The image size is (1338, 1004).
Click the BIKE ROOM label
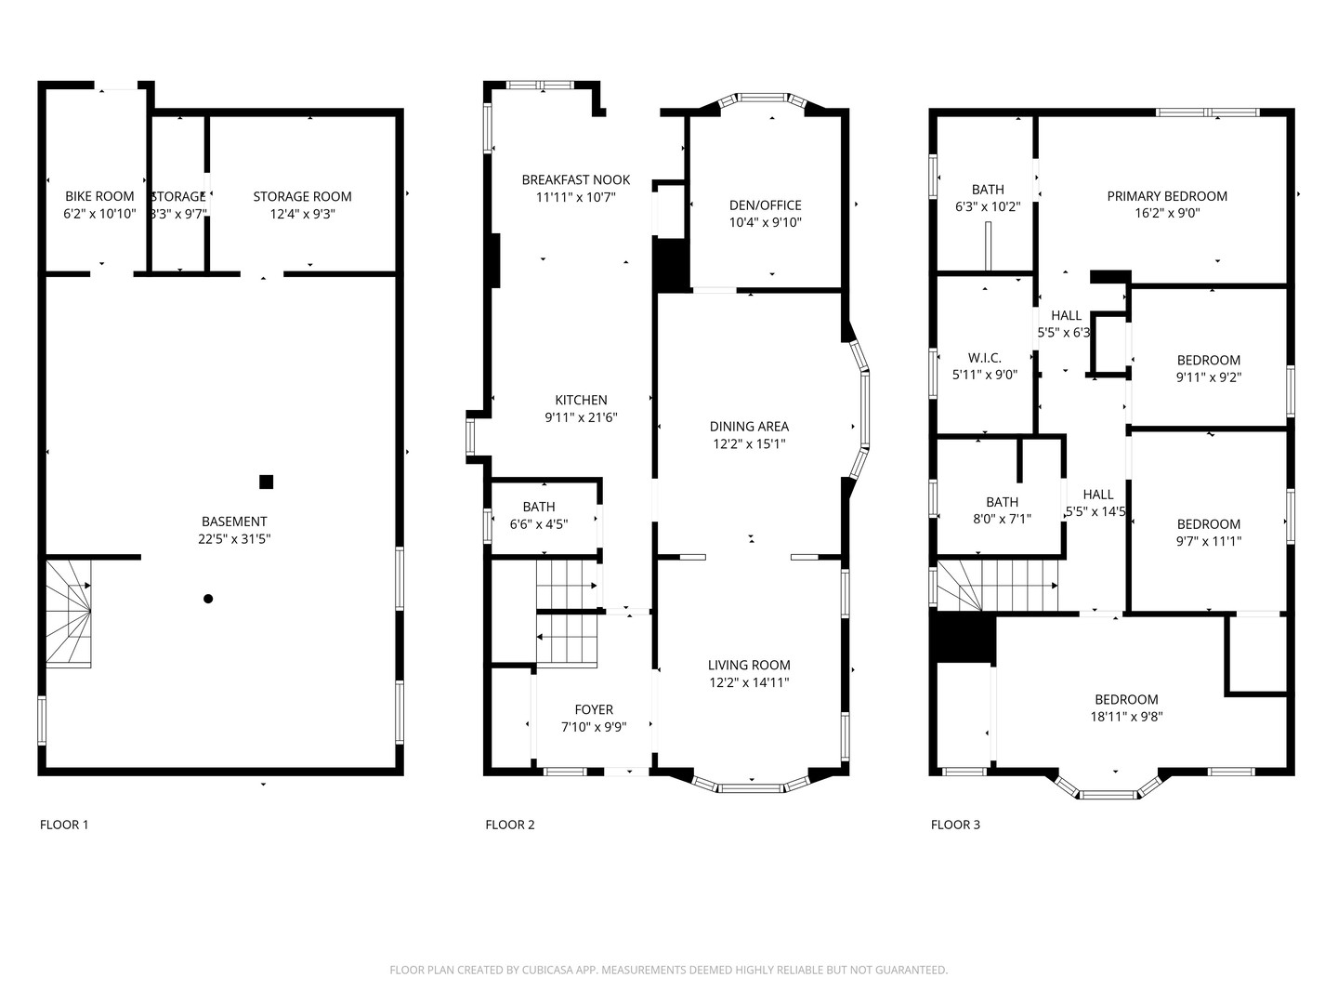tap(99, 196)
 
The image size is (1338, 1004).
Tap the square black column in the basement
tap(267, 482)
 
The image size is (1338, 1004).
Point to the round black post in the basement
tap(208, 599)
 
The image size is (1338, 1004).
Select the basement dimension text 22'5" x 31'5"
tap(234, 539)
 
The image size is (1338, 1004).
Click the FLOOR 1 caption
tap(64, 825)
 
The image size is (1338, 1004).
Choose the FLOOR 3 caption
tap(955, 825)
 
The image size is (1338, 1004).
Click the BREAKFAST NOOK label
tap(575, 179)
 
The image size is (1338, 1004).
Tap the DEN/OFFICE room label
tap(765, 205)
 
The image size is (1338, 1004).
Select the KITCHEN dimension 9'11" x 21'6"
tap(581, 417)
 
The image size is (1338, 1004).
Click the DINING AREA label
tap(749, 427)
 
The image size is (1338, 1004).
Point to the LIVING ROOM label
tap(749, 665)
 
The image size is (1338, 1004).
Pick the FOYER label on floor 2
tap(593, 709)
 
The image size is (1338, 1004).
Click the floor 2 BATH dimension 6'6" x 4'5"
tap(538, 524)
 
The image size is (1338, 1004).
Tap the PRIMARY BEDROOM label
tap(1167, 196)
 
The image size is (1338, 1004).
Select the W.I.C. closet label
tap(984, 358)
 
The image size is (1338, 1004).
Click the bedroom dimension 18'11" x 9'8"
tap(1126, 717)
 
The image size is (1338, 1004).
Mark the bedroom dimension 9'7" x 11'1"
tap(1208, 541)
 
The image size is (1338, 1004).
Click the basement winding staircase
tap(70, 613)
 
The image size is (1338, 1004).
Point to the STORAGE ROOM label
tap(302, 196)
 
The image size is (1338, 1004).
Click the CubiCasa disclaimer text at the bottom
tap(668, 970)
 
